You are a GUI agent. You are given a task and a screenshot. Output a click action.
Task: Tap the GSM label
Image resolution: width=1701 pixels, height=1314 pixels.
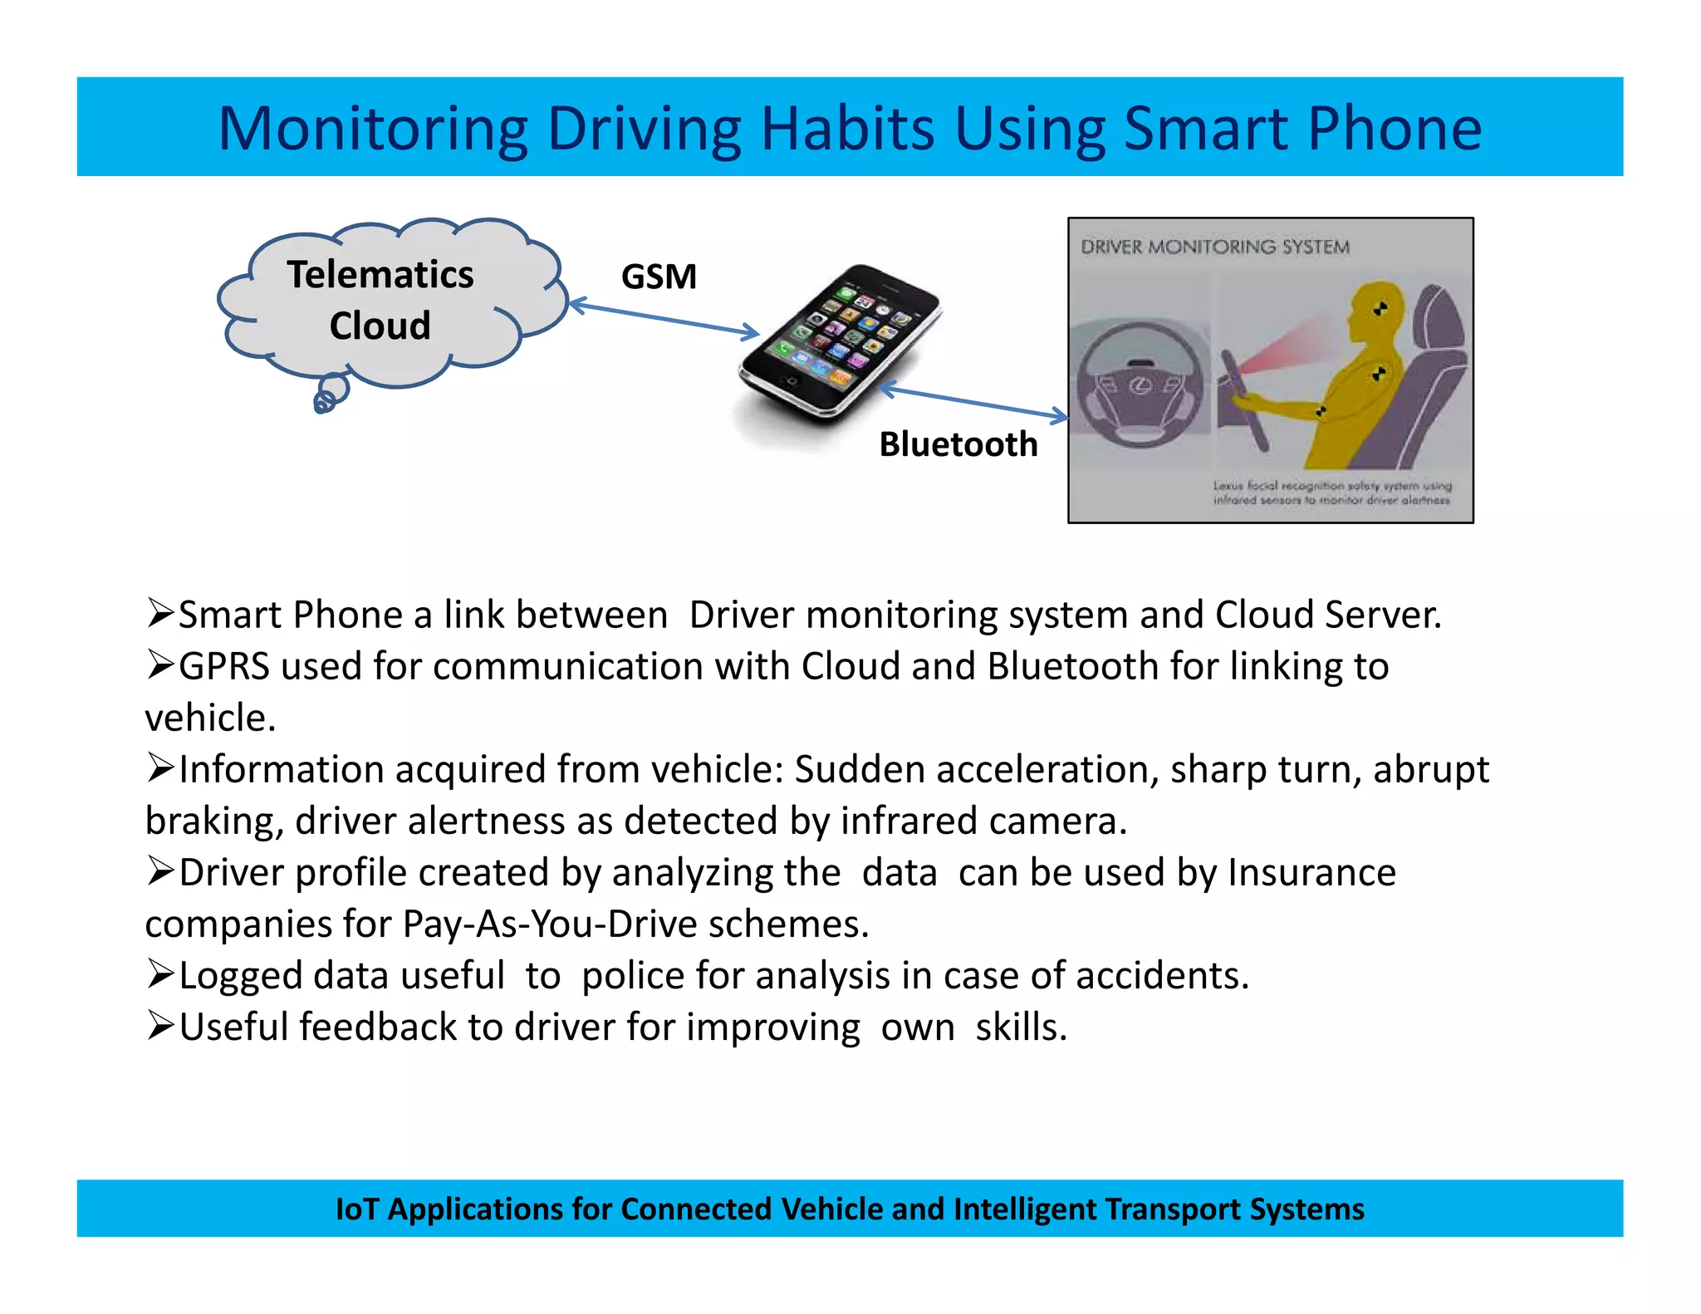659,277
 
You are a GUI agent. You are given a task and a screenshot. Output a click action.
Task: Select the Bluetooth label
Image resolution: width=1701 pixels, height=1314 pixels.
958,444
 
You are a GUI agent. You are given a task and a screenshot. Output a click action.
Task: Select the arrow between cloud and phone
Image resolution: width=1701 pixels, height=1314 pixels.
664,319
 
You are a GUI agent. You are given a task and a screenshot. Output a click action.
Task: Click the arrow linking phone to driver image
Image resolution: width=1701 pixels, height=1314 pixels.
972,401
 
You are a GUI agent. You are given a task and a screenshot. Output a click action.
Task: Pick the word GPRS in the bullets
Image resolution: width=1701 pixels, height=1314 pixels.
224,666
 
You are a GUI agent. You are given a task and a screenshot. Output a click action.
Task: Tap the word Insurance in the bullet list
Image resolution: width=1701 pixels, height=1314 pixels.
1312,872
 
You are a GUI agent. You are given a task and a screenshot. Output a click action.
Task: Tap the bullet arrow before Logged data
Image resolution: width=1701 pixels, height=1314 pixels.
159,974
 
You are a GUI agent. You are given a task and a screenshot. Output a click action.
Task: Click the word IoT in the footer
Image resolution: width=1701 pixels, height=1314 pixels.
356,1209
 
